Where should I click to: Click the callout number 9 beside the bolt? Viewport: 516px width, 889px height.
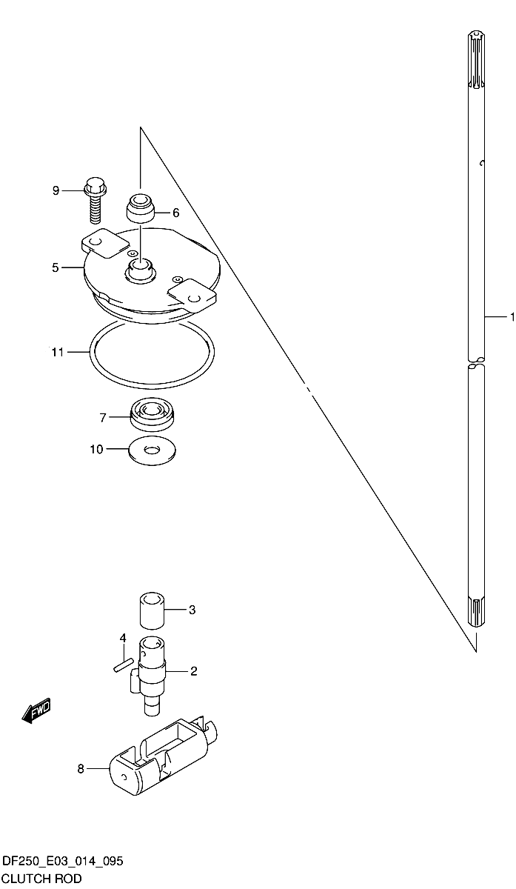tap(56, 191)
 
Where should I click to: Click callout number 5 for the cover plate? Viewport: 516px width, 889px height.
tap(55, 267)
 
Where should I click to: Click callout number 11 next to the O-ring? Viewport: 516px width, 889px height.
tap(58, 352)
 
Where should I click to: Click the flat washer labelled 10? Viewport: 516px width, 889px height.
tap(153, 451)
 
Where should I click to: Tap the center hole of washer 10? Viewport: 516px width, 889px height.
tap(152, 450)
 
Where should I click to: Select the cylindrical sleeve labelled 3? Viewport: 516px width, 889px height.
tap(153, 610)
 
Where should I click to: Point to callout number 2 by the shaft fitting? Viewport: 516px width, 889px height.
tap(193, 671)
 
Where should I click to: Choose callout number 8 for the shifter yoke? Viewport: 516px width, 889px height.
tap(81, 769)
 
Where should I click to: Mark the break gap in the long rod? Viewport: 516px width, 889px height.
tap(476, 362)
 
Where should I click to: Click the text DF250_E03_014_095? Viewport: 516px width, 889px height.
tap(63, 862)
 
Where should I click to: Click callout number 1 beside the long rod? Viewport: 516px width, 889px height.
tap(512, 317)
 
